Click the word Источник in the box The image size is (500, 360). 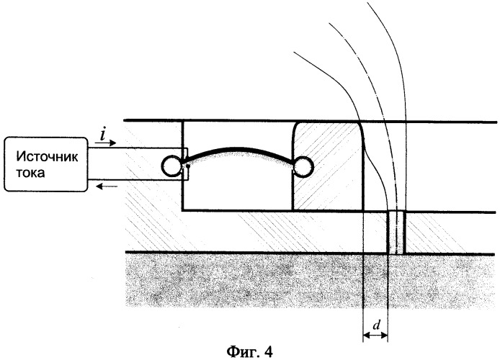[x=47, y=157]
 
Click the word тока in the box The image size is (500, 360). [x=30, y=173]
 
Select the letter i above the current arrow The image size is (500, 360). [x=102, y=135]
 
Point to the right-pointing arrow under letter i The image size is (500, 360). [x=106, y=143]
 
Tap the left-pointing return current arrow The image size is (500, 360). [x=107, y=186]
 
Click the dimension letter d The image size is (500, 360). [x=377, y=325]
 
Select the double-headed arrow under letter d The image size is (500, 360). [x=375, y=335]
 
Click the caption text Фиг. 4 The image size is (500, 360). [x=250, y=351]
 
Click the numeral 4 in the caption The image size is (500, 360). [x=269, y=351]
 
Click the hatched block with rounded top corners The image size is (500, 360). [x=329, y=166]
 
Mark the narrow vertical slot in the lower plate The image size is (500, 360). [x=396, y=233]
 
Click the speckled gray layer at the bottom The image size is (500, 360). [x=311, y=280]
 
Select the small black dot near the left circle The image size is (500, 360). [x=188, y=166]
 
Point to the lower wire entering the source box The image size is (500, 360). [x=135, y=181]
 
